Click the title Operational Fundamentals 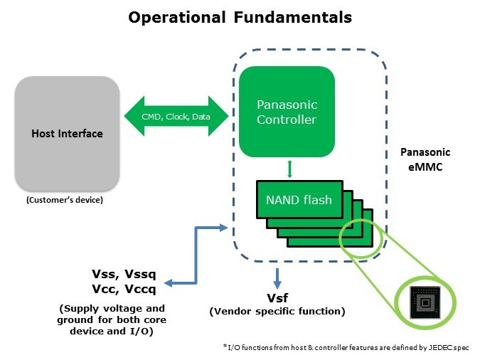(x=240, y=18)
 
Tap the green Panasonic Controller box (x=287, y=112)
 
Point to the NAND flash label (x=299, y=199)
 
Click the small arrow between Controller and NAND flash (x=289, y=169)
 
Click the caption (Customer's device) (x=65, y=200)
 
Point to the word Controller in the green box (x=287, y=120)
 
